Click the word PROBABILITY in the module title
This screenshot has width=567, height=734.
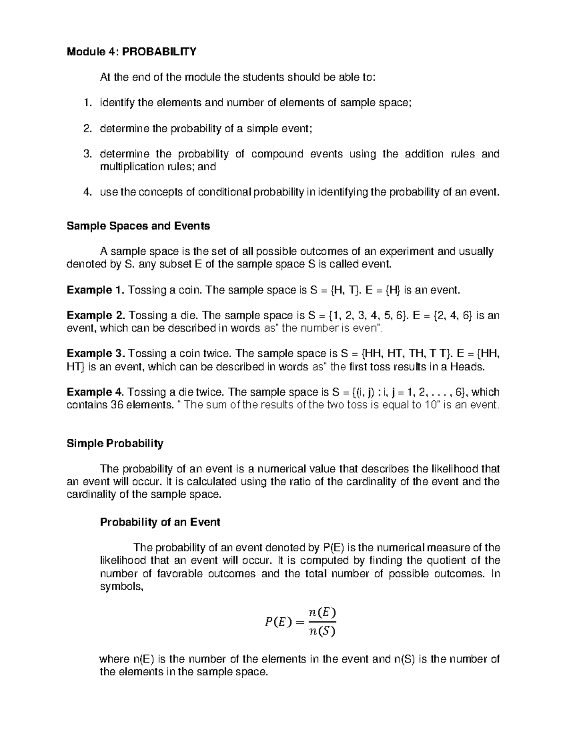pos(159,52)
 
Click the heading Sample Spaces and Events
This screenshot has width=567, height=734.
pos(138,226)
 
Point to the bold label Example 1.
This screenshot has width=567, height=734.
pos(95,290)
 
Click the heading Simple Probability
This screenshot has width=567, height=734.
pos(115,443)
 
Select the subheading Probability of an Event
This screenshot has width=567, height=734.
pos(160,522)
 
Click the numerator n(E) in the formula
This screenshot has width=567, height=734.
pos(321,612)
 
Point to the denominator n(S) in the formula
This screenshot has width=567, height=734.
pos(321,631)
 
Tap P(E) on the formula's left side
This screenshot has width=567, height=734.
pos(275,622)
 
